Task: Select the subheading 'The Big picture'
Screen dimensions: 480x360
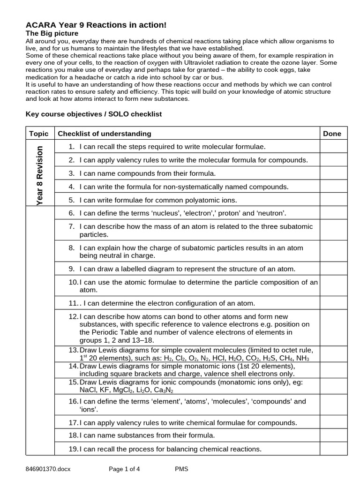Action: (x=52, y=34)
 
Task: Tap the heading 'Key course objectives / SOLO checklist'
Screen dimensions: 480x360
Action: (x=93, y=114)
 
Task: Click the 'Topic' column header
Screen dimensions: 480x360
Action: (x=39, y=134)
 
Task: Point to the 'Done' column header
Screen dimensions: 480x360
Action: (x=332, y=134)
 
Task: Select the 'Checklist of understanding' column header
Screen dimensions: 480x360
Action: (x=105, y=134)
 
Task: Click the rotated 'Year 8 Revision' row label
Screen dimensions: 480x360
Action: (x=40, y=173)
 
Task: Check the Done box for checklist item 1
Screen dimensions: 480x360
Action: (x=333, y=147)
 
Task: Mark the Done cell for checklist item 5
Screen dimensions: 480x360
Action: (x=333, y=200)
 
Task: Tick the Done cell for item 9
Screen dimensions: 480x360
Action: (x=333, y=269)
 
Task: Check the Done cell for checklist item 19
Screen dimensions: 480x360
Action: (x=333, y=449)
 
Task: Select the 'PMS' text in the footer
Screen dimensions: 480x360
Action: (x=181, y=468)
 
